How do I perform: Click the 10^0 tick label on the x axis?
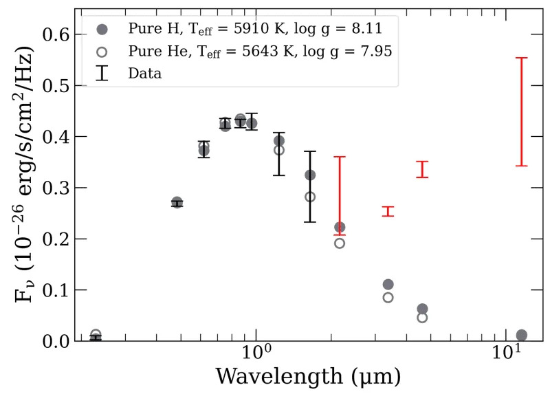coord(256,358)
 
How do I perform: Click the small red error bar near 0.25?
coord(388,211)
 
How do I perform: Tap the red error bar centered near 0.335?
coord(422,169)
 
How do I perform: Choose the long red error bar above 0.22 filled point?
coord(339,196)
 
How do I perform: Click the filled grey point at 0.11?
coord(388,284)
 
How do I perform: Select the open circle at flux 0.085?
coord(388,298)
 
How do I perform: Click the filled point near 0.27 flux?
coord(177,202)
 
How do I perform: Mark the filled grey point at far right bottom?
coord(521,335)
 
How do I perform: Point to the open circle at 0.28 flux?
coord(310,197)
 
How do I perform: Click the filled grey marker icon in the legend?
coord(102,30)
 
